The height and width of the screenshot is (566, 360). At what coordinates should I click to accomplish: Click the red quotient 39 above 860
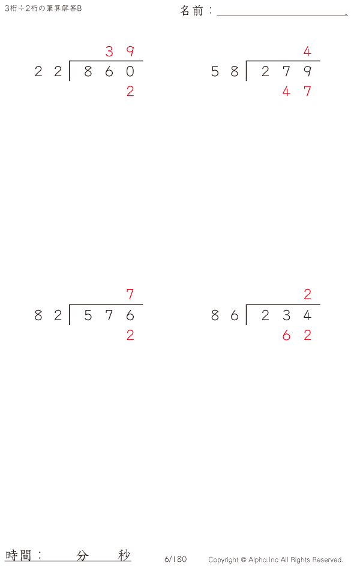tap(120, 52)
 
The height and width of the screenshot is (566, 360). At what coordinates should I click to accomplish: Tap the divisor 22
tap(49, 71)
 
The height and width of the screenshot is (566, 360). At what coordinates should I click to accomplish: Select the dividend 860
tap(109, 71)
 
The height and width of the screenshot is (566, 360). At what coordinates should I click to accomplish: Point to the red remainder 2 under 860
tap(130, 91)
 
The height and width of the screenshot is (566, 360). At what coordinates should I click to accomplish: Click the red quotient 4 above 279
tap(307, 52)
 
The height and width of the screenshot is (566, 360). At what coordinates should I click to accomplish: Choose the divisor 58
tap(225, 71)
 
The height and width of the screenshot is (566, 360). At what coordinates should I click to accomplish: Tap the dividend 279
tap(286, 71)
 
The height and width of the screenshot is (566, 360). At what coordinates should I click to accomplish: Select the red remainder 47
tap(296, 91)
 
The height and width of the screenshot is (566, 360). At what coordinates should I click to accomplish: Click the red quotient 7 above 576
tap(130, 294)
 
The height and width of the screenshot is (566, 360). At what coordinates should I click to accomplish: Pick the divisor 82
tap(49, 315)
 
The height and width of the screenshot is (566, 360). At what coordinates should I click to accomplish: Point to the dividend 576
tap(109, 315)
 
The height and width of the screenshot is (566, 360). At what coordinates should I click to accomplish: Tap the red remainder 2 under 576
tap(130, 335)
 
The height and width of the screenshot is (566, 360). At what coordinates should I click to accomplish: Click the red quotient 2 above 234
tap(307, 294)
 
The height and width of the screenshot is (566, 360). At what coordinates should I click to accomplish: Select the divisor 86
tap(225, 315)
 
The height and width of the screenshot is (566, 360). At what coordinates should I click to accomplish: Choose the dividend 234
tap(286, 315)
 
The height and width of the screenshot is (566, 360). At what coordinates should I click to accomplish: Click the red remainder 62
tap(296, 335)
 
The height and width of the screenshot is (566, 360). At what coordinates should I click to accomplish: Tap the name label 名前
tap(192, 10)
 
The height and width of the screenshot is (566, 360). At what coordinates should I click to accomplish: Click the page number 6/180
tap(175, 559)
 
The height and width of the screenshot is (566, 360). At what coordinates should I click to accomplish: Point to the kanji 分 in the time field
tap(82, 556)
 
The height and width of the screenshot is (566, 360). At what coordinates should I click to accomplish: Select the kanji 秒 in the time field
tap(124, 556)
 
